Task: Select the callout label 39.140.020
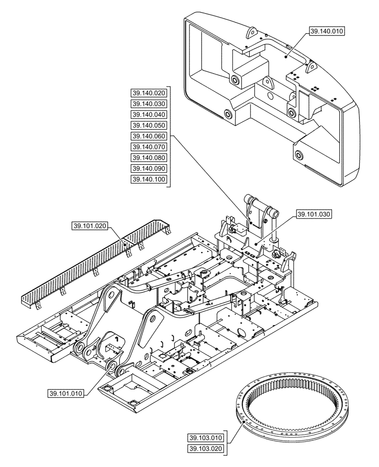tap(148, 92)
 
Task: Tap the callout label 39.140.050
tap(148, 125)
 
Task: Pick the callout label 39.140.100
tap(148, 179)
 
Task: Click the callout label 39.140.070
tap(148, 147)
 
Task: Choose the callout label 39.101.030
tap(313, 214)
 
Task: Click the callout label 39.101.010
tap(66, 393)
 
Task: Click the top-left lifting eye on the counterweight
tap(252, 33)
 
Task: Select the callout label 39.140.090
tap(148, 168)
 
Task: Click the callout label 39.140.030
tap(148, 103)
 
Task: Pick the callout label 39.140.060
tap(148, 136)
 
